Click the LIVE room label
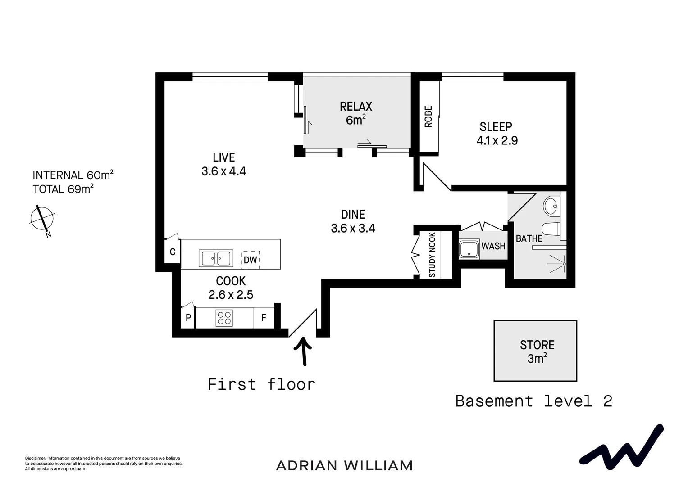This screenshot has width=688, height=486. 223,164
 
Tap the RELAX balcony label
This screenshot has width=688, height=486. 355,113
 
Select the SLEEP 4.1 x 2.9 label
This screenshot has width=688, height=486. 497,134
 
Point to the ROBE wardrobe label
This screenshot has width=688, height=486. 428,117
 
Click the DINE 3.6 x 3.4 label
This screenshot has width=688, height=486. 353,221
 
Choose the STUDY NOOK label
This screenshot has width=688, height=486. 432,255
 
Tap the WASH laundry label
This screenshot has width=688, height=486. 493,246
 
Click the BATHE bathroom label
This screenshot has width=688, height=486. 529,238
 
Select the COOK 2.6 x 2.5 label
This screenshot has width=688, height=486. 231,288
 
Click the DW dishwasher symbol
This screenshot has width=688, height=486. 250,260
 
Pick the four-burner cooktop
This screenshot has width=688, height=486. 224,318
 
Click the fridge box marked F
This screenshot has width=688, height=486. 264,318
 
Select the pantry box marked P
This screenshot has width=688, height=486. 188,318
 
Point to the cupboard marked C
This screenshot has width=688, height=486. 173,252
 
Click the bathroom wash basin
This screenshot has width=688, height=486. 551,207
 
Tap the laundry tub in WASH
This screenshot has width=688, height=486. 469,249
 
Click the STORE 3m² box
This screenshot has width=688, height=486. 535,351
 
